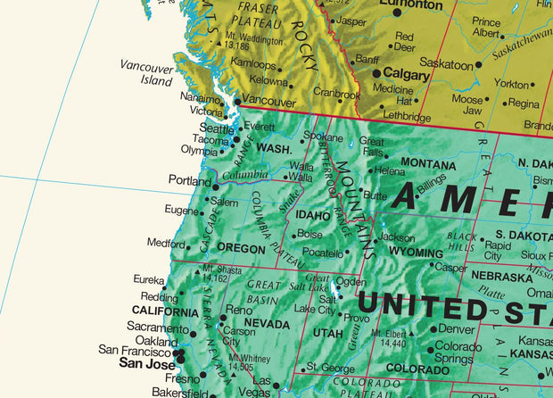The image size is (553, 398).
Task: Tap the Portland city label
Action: click(x=189, y=180)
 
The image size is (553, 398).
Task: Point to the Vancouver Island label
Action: click(x=147, y=73)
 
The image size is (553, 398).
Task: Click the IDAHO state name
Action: click(x=312, y=216)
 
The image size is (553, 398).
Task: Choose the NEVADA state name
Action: click(x=267, y=323)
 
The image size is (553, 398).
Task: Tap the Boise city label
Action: click(x=310, y=235)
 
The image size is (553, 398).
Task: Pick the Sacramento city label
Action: click(x=157, y=328)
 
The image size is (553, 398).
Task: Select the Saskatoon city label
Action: click(x=446, y=65)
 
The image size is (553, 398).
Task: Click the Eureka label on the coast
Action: click(x=148, y=279)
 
